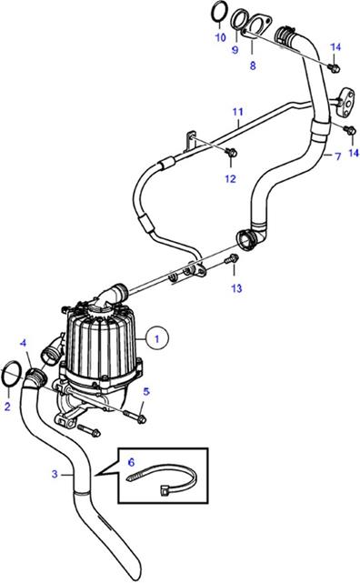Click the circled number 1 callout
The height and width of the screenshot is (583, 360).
pos(156,338)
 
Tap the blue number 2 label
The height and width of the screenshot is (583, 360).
pos(7,407)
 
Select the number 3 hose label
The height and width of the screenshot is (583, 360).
pos(55,474)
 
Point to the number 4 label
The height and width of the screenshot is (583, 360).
pos(23,343)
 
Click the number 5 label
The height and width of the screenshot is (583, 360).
pos(146,391)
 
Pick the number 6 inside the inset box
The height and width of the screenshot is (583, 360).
pos(131,462)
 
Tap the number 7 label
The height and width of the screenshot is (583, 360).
pos(337,156)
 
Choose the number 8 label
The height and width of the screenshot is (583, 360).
pos(253,65)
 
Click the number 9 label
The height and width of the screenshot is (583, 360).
pos(235,50)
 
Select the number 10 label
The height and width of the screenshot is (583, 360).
pos(220,37)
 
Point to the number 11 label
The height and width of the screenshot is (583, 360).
pos(238,112)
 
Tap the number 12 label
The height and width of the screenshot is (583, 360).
pos(230,179)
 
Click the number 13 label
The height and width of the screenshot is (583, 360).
pos(236,288)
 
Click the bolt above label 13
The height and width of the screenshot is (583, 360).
pos(232,259)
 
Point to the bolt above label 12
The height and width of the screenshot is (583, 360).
pos(231,152)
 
